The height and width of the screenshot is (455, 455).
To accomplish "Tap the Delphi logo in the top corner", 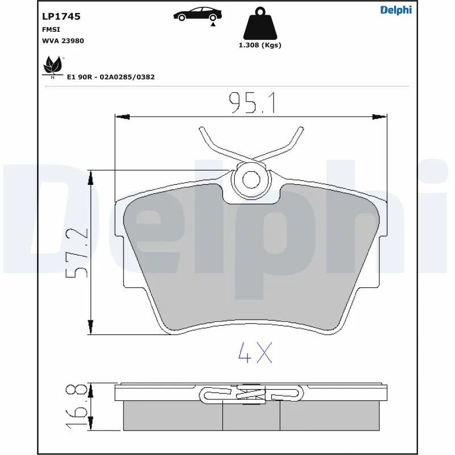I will pos(396,10).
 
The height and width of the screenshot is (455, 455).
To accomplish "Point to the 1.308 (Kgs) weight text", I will pos(259,45).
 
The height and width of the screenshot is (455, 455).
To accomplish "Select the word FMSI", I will pos(52,29).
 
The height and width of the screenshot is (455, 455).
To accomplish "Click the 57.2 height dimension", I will pos(77,253).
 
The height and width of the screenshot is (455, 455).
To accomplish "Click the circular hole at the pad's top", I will pos(251,178).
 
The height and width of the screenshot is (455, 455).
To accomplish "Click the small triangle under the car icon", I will pos(213,24).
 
